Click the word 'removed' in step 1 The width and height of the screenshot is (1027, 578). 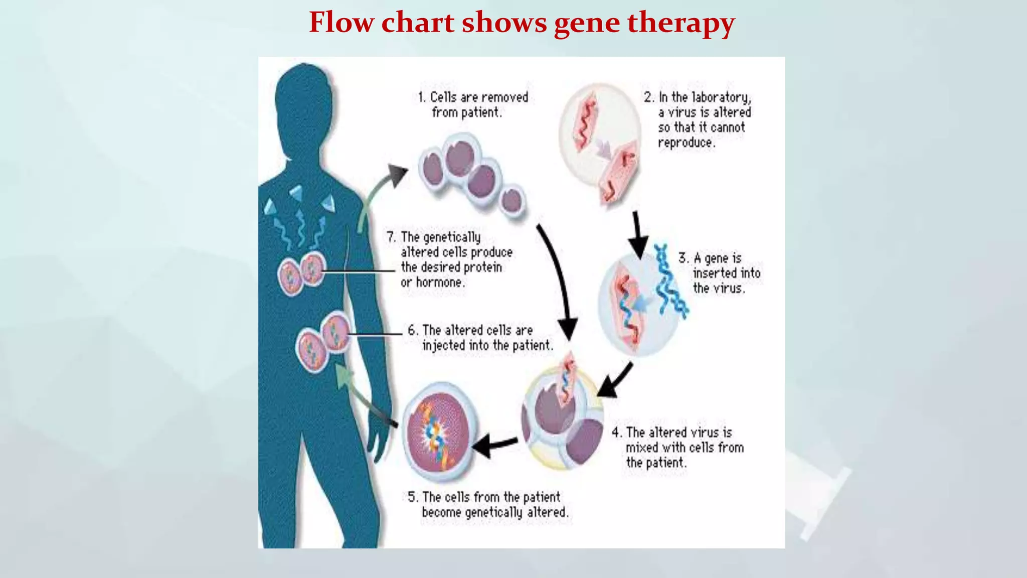[504, 97]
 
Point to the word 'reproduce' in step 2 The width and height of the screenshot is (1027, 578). [685, 142]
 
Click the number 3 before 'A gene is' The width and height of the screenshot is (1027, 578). [682, 258]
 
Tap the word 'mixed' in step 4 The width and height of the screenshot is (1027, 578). [641, 448]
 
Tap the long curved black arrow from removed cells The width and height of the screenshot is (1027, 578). [557, 281]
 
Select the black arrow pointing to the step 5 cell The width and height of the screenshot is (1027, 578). [494, 445]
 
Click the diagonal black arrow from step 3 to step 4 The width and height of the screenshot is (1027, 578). [616, 380]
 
